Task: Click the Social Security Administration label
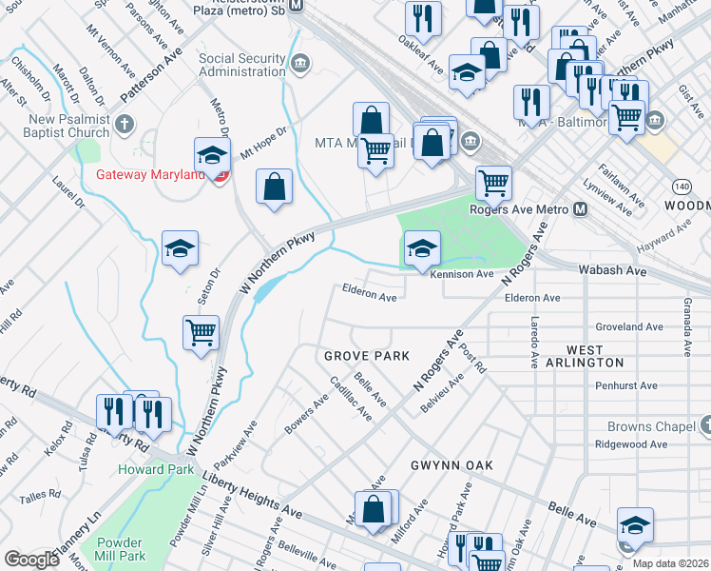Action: (241, 65)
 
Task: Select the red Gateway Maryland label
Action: (156, 176)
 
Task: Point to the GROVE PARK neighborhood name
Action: (366, 356)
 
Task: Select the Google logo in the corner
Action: (31, 560)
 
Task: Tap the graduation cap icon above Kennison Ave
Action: (423, 249)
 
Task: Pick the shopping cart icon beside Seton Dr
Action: (201, 333)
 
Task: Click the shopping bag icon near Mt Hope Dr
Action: (274, 187)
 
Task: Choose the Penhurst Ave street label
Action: (625, 386)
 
